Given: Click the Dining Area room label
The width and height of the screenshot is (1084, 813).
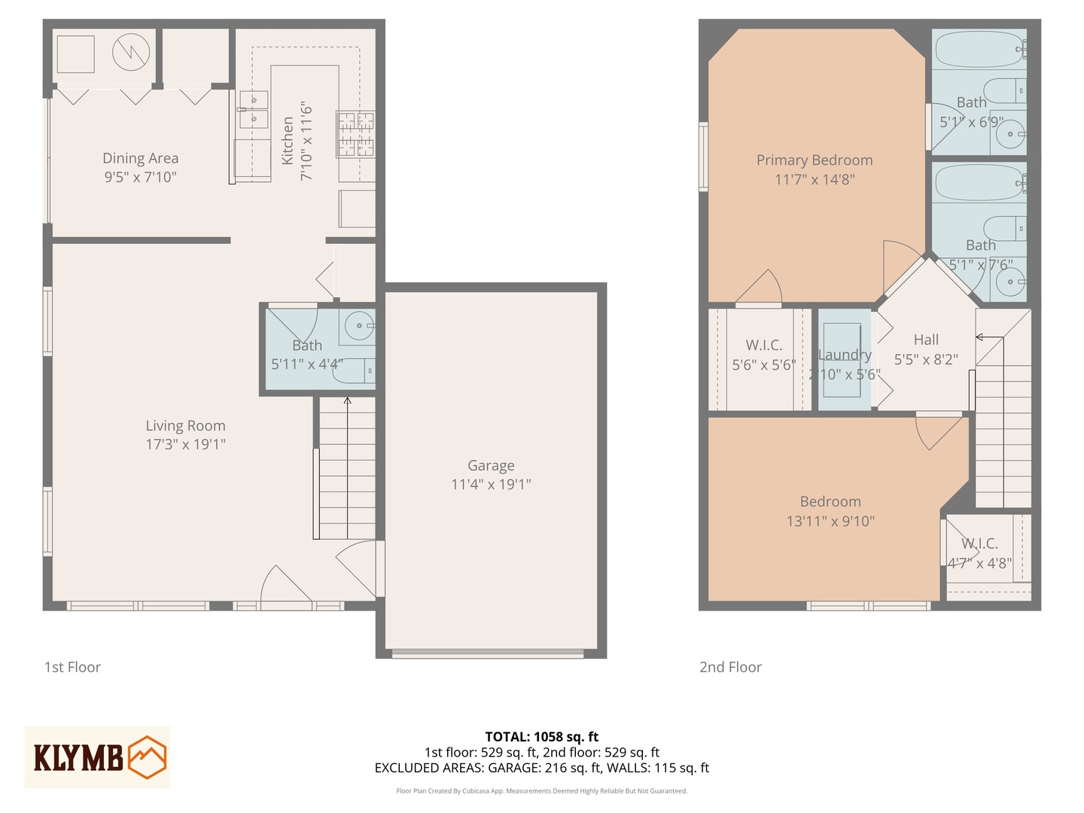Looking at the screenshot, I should [140, 159].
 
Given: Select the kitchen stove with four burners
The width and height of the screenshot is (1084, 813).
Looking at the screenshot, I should [355, 134].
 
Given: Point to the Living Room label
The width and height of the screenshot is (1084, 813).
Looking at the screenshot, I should [185, 426].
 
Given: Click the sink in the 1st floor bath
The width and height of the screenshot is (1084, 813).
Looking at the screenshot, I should [360, 326].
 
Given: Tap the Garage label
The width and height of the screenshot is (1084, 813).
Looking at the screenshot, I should [491, 466].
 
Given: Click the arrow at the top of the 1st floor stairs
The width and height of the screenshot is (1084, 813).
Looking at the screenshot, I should [347, 401].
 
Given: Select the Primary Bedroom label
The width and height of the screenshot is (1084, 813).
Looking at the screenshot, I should [815, 160].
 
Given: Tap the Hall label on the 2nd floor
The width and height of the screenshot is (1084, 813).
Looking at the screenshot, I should [926, 340].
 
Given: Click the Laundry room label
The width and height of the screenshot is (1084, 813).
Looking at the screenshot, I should [845, 355].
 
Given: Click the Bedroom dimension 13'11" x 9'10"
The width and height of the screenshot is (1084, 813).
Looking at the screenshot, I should [830, 521].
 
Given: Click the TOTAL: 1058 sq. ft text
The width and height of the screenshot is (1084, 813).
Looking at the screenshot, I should [541, 737].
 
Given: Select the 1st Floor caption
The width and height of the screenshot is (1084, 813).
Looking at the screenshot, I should [72, 667].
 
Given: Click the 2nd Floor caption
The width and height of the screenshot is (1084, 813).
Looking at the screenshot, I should [730, 667].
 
